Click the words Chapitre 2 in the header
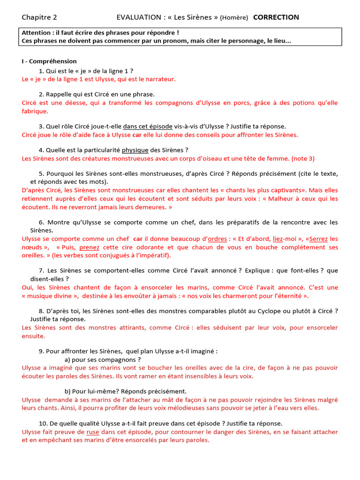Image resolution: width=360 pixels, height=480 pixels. pos(39,17)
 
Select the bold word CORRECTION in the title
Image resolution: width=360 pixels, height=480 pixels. pos(276,17)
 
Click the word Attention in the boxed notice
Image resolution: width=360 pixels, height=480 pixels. pos(37,33)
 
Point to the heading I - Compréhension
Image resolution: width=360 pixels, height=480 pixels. pos(49,61)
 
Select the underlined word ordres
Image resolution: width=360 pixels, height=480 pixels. pos(217,239)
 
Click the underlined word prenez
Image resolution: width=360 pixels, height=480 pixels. pos(89,247)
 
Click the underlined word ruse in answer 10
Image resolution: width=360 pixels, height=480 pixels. pos(93,432)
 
